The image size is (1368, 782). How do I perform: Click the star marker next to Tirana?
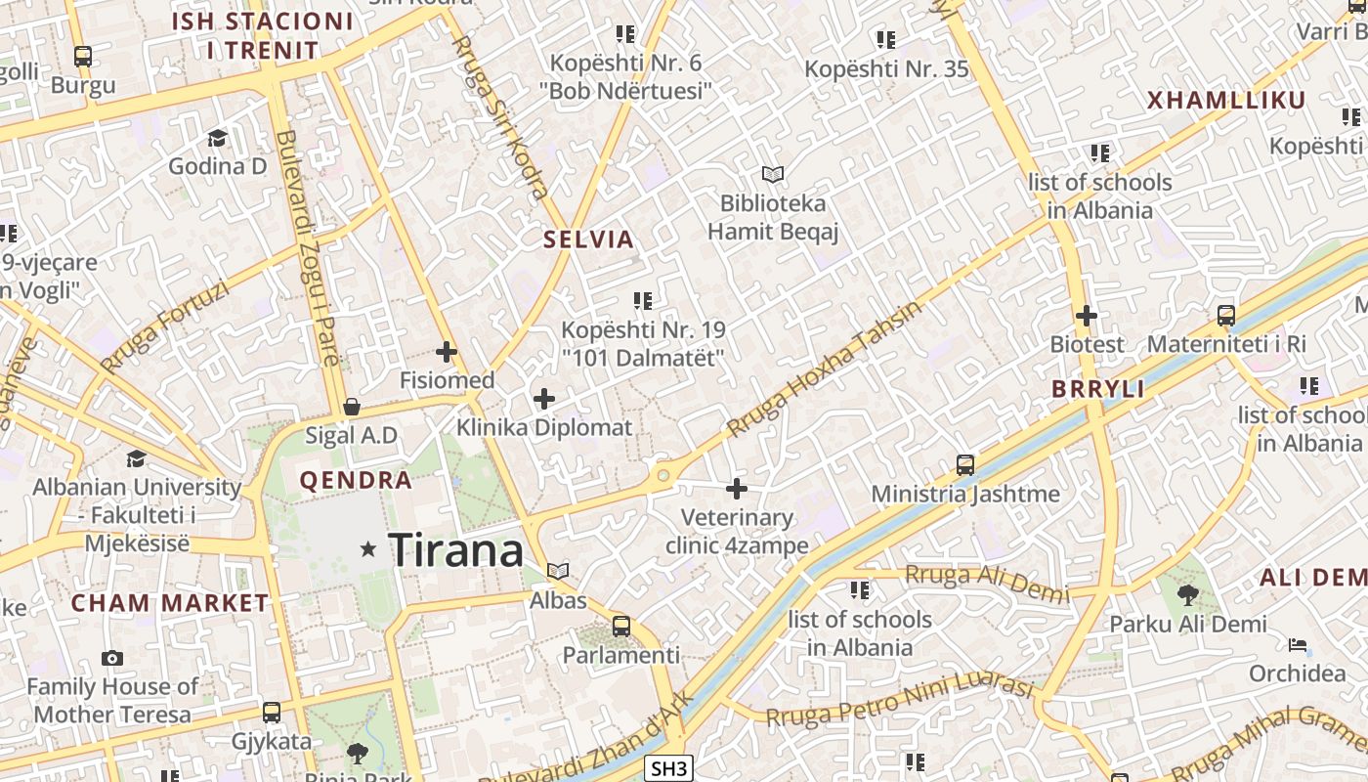point(368,549)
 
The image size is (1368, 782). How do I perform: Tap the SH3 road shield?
point(669,769)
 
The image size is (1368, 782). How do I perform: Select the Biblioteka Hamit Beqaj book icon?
point(773,175)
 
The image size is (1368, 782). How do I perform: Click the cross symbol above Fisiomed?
point(447,352)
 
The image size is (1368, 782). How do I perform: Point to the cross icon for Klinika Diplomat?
point(544,399)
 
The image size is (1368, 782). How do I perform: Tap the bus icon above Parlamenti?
point(620,627)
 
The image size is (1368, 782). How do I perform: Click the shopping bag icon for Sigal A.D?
point(352,407)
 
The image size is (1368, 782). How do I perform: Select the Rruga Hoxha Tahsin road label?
point(825,369)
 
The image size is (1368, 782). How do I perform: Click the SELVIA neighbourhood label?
point(588,239)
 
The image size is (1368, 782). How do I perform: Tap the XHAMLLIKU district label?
point(1226,101)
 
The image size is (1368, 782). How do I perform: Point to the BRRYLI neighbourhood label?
point(1097,389)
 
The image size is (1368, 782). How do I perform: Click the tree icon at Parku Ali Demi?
point(1188,594)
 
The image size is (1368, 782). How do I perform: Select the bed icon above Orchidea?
point(1298,645)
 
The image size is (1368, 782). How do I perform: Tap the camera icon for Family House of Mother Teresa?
point(112,658)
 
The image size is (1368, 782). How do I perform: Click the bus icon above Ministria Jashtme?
point(965,465)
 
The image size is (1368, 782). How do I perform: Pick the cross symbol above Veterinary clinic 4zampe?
point(737,489)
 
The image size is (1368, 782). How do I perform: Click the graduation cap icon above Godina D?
point(217,138)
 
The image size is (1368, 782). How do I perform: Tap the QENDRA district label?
point(356,481)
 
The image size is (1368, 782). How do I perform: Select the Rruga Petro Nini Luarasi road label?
point(899,704)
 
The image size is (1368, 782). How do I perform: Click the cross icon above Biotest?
point(1086,316)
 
